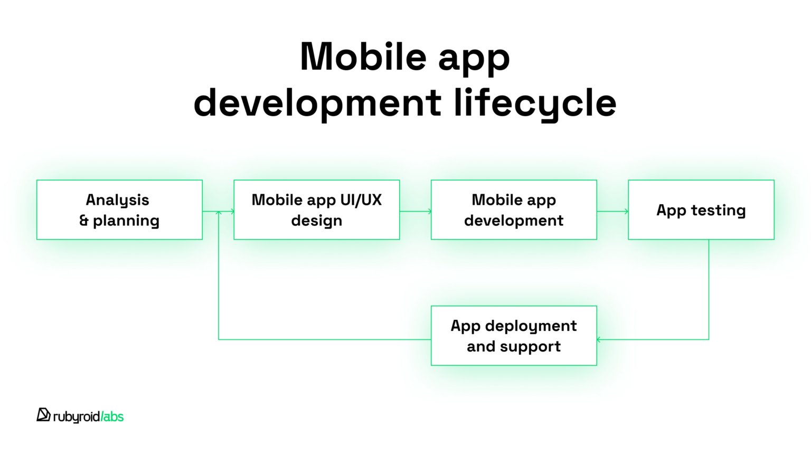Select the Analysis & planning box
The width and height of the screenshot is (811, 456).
[119, 210]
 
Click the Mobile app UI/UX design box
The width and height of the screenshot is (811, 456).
[316, 210]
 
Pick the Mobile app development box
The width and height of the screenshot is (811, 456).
[514, 210]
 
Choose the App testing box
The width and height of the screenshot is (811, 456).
[701, 210]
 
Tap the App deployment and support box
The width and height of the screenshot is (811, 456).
[514, 336]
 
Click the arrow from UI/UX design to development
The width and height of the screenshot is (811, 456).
[416, 212]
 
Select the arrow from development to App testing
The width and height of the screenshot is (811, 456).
[612, 212]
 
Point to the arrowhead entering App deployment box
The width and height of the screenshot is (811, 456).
[599, 339]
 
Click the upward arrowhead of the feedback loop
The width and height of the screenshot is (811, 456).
[219, 213]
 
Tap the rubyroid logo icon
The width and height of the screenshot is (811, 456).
[43, 415]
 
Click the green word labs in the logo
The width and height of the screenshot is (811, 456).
[113, 416]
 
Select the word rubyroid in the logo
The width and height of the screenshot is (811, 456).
[77, 417]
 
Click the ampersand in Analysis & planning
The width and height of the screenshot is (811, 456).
[84, 221]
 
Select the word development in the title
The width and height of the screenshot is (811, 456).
[317, 103]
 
